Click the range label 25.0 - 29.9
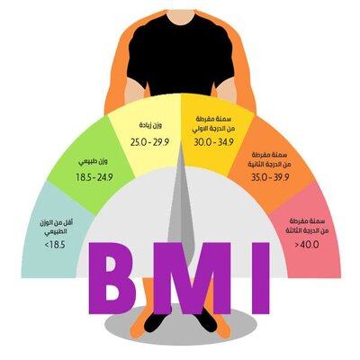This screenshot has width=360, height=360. click(x=149, y=142)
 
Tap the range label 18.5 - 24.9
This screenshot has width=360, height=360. click(x=94, y=177)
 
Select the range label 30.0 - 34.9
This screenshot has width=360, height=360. click(x=213, y=142)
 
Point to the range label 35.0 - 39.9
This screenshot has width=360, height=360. click(x=270, y=177)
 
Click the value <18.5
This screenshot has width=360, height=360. click(x=55, y=245)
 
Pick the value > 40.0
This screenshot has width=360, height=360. click(x=307, y=245)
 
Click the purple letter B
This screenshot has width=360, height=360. click(x=112, y=278)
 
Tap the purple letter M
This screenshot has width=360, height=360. click(x=192, y=278)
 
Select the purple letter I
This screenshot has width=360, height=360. click(x=260, y=278)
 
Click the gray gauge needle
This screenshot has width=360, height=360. click(x=181, y=207)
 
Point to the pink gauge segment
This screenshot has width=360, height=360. click(x=309, y=231)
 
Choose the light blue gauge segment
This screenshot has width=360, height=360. click(x=54, y=231)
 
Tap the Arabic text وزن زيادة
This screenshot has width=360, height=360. click(x=150, y=125)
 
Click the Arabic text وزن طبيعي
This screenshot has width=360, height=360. click(x=94, y=162)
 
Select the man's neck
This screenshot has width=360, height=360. click(x=181, y=16)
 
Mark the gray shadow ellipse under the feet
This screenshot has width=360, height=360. click(x=181, y=327)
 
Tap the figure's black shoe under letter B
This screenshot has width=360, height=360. click(x=157, y=321)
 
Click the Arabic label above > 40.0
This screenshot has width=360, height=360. click(x=305, y=226)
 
